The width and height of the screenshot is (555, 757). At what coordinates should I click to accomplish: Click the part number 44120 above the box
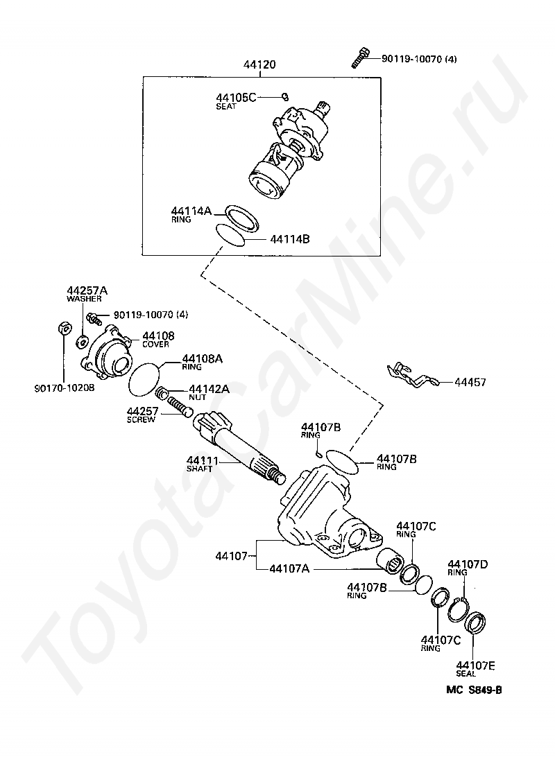click(259, 65)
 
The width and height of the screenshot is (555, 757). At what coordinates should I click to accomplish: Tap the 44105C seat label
click(235, 101)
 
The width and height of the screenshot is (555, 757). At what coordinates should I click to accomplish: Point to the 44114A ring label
click(191, 214)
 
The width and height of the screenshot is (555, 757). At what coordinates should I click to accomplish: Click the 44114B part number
click(289, 239)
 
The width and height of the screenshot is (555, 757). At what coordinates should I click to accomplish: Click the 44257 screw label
click(142, 415)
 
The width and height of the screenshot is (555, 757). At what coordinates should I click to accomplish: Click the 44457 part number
click(470, 382)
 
